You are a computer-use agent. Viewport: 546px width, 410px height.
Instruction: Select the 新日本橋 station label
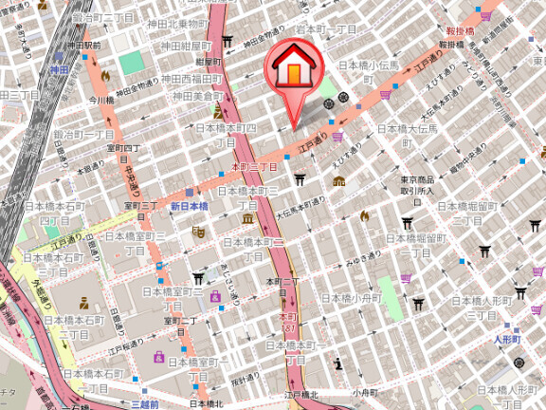[x=189, y=206]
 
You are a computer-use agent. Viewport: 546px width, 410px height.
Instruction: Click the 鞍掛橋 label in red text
[x=456, y=31]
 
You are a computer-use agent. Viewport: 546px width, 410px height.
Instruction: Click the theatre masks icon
[x=200, y=231]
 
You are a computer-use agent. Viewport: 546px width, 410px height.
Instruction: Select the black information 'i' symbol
[x=338, y=363]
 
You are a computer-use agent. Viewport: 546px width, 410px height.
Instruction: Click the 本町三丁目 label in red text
[x=255, y=166]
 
